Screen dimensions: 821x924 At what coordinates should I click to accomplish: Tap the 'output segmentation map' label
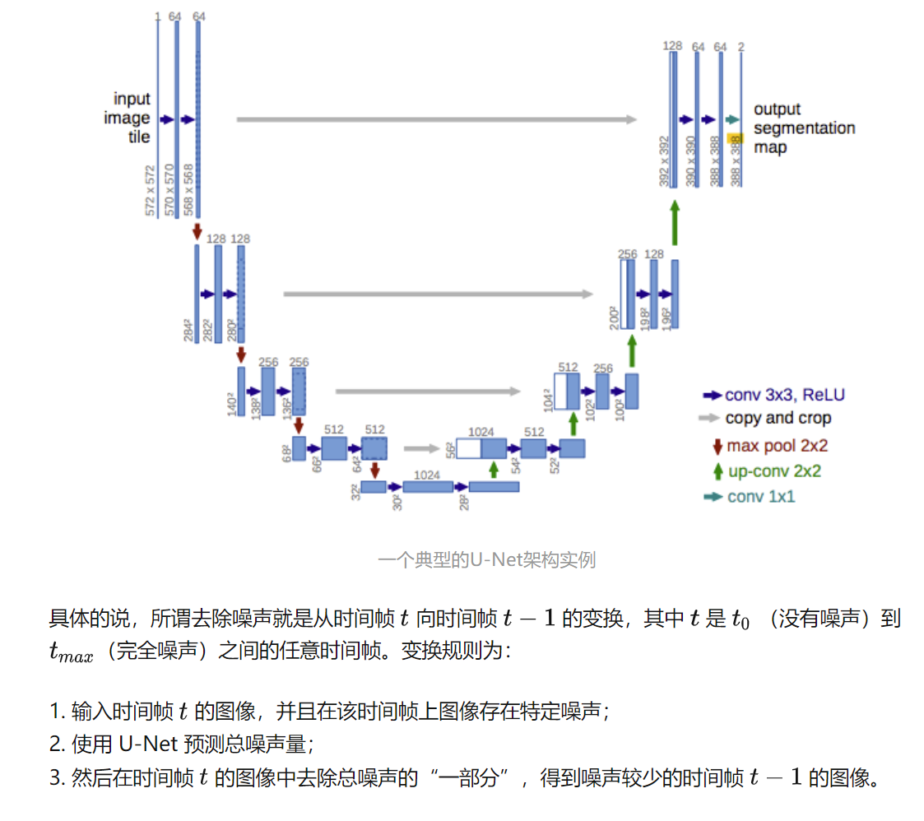(x=803, y=128)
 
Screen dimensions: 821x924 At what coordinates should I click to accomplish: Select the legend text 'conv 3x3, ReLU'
(x=784, y=395)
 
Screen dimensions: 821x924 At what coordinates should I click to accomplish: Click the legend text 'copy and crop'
(x=778, y=419)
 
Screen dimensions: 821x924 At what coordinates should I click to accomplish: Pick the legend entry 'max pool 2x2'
(x=776, y=446)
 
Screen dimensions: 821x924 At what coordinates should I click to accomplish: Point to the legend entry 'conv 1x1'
(x=761, y=497)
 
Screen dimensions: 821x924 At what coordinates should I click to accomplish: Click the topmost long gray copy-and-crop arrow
(x=436, y=119)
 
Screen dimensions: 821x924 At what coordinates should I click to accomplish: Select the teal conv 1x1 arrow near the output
(x=733, y=119)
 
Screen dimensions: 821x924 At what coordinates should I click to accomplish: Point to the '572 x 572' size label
(x=151, y=189)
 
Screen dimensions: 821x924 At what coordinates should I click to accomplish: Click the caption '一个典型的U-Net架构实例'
(x=486, y=560)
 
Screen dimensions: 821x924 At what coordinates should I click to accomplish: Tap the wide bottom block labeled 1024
(x=428, y=487)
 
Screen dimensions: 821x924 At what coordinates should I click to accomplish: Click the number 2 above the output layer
(x=741, y=47)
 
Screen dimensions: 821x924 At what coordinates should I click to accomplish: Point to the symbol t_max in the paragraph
(x=72, y=652)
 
